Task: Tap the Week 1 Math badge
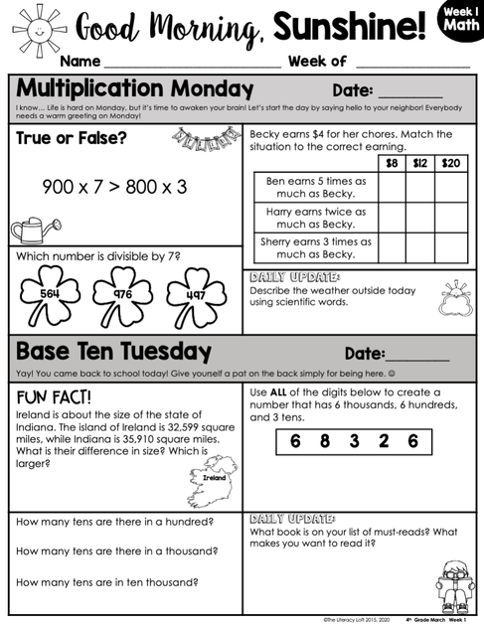[458, 23]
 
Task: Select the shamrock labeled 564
[52, 294]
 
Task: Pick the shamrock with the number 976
[122, 294]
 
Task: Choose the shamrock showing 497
[195, 295]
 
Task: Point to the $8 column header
[392, 163]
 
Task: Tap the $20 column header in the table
[450, 163]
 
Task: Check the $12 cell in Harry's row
[420, 218]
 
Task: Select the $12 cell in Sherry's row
[420, 246]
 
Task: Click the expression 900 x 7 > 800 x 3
[113, 186]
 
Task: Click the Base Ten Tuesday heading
[113, 352]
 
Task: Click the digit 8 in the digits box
[325, 440]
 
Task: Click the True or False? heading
[72, 138]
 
